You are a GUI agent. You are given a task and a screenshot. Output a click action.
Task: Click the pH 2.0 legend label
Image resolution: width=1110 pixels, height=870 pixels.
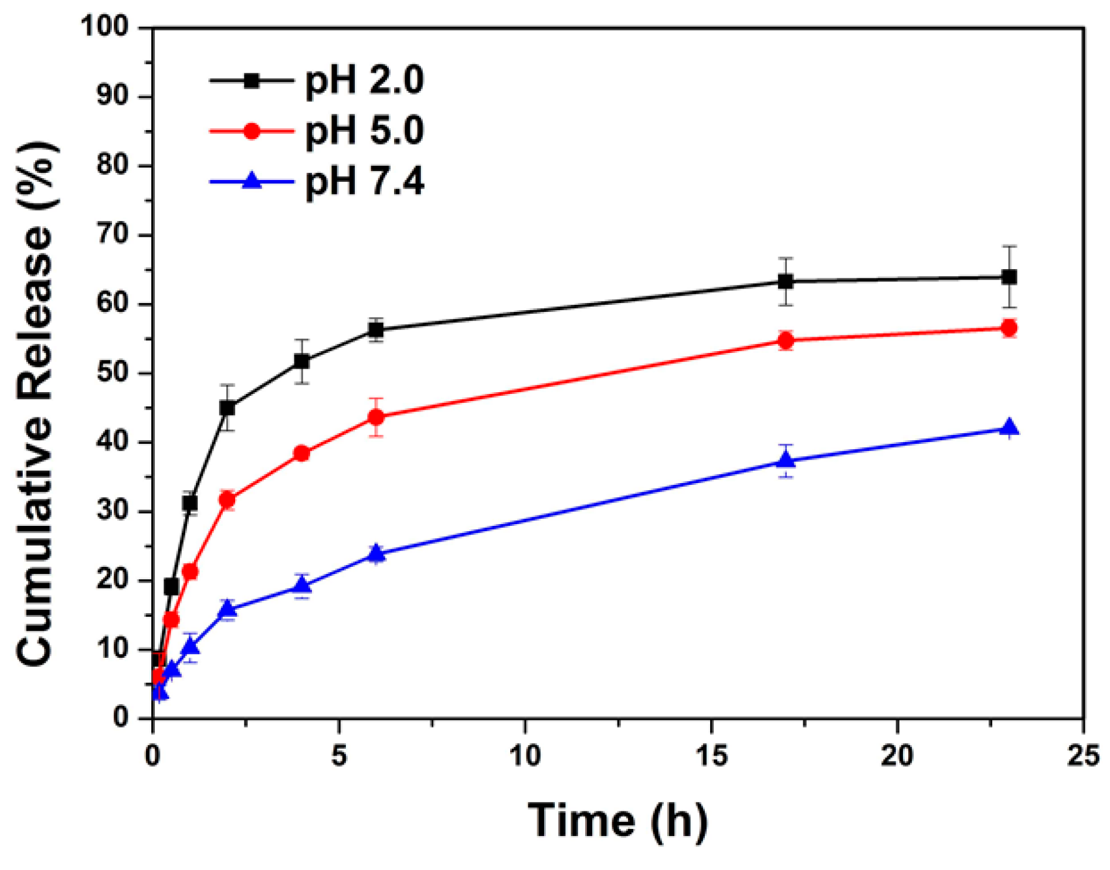364,80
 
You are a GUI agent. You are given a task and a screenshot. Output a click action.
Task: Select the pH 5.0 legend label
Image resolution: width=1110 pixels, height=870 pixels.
364,131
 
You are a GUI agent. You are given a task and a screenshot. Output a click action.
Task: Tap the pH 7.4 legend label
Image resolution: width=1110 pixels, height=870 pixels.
364,181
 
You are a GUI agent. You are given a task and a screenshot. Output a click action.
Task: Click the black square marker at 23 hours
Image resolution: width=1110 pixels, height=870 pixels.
1009,277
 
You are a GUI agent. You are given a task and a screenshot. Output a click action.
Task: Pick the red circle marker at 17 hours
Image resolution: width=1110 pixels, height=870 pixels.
786,340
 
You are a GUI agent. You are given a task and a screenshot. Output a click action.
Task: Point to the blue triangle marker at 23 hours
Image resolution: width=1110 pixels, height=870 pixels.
1009,428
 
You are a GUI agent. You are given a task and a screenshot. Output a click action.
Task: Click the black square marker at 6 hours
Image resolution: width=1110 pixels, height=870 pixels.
376,330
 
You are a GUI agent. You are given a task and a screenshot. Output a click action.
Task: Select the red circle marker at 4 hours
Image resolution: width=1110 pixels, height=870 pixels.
301,453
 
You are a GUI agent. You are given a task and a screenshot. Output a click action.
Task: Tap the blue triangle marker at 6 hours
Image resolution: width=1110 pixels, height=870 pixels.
376,553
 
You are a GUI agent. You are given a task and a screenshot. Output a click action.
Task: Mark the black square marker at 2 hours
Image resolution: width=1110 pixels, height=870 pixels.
227,407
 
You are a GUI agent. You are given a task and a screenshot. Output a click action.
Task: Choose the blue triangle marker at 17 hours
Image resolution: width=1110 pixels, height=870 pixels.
786,461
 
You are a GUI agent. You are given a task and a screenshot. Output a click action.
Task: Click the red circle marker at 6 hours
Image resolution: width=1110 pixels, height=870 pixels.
376,417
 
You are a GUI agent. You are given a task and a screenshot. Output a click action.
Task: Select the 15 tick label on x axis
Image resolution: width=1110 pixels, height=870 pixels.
712,756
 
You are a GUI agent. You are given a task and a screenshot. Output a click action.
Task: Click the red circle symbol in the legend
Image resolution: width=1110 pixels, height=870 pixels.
252,131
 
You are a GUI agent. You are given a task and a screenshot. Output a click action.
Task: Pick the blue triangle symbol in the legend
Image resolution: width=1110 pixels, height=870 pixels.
252,181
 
